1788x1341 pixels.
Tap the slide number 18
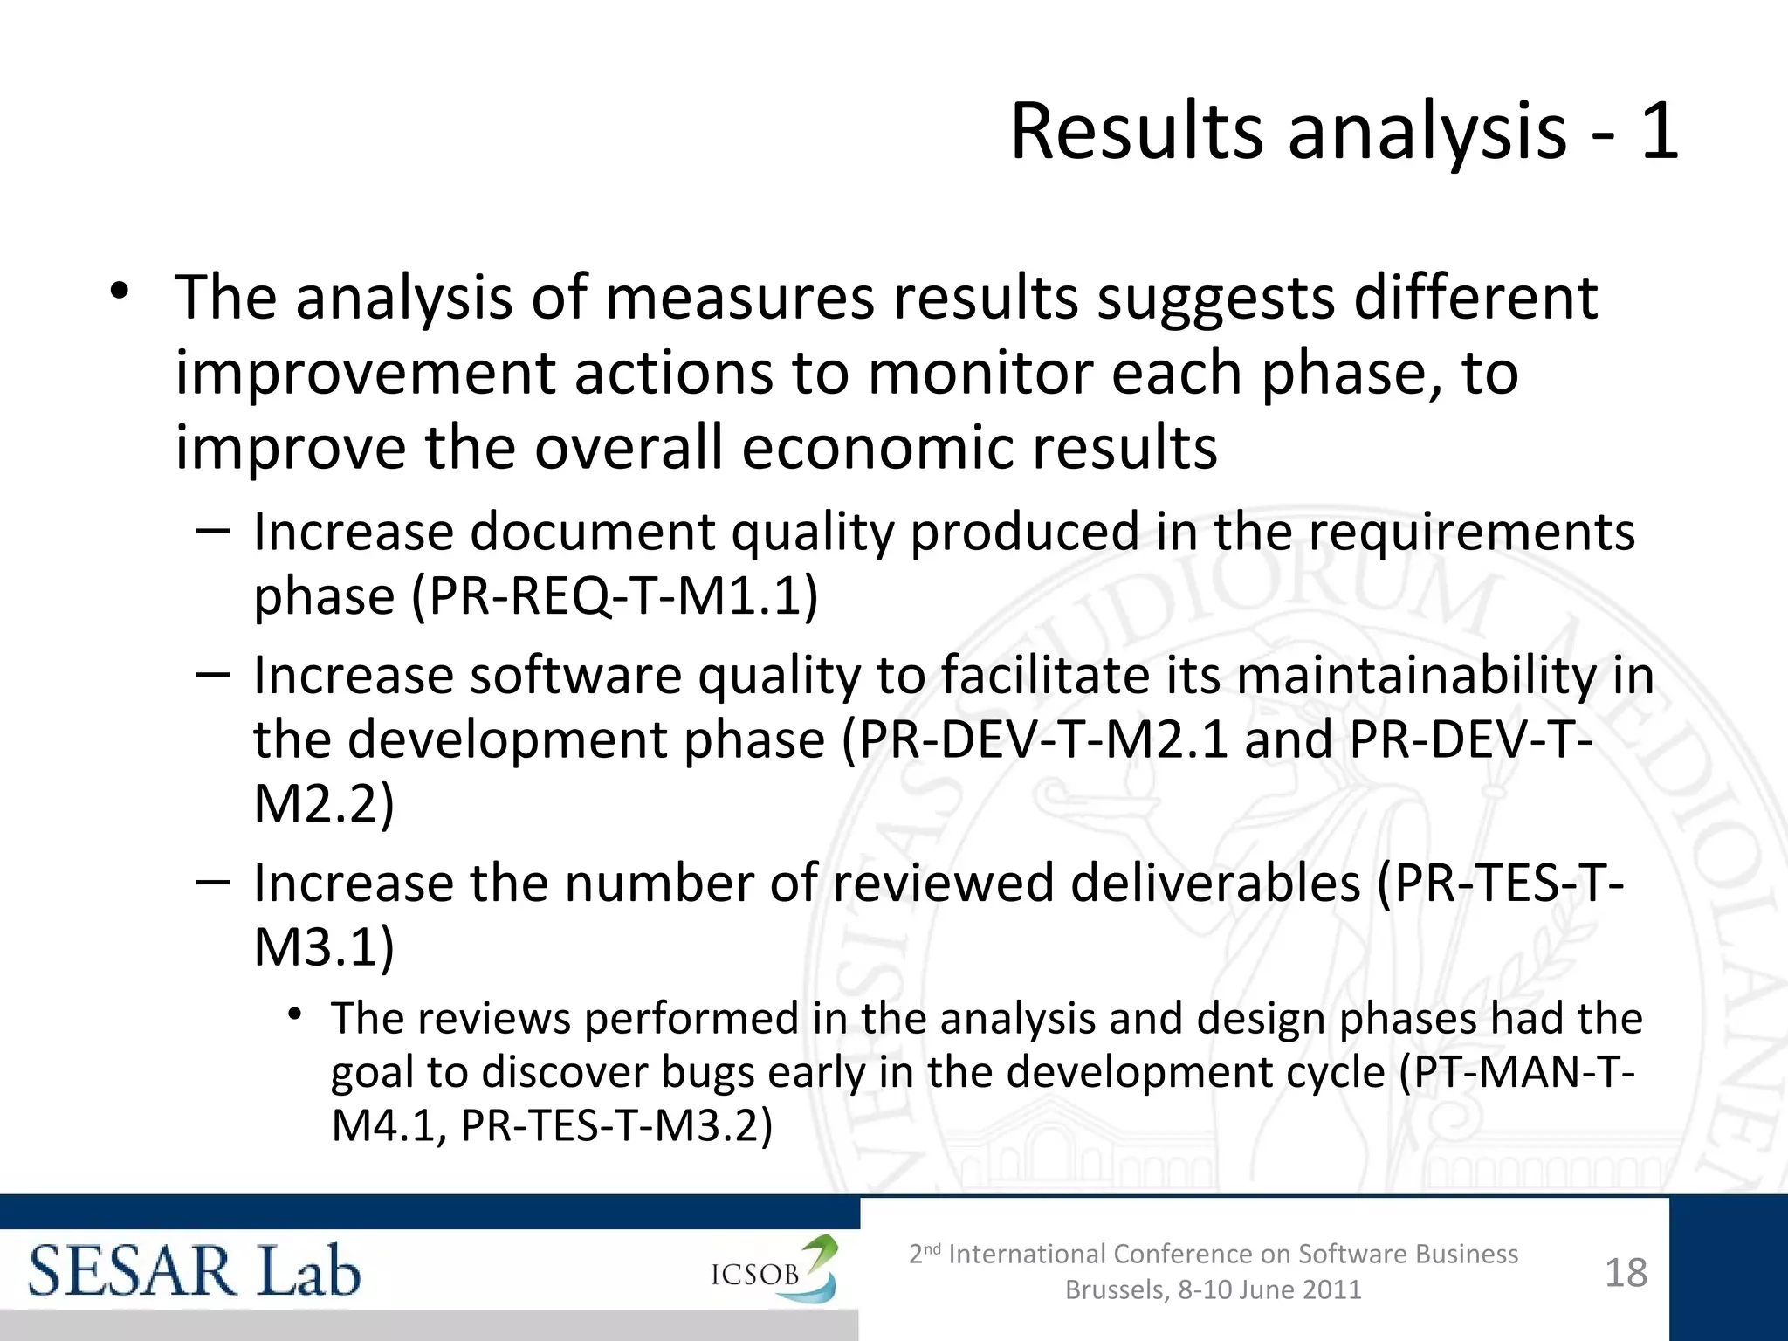tap(1626, 1273)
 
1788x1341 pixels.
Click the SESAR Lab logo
tap(195, 1271)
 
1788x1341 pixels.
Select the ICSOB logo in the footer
tap(774, 1271)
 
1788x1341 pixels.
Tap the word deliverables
tap(1214, 883)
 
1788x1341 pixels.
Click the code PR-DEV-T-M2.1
tap(1044, 740)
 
